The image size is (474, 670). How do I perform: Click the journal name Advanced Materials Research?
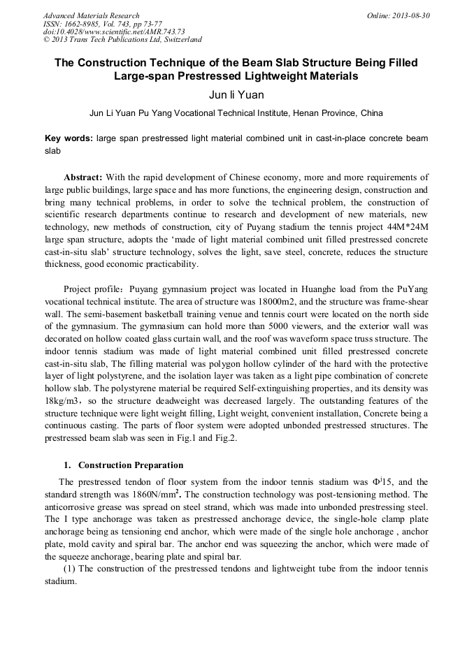[x=91, y=15]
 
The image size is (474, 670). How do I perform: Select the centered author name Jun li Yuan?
[x=237, y=94]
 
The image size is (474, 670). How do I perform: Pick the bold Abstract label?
[x=83, y=177]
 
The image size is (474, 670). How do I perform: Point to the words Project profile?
[x=91, y=289]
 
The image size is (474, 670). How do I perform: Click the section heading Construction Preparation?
[x=131, y=465]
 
